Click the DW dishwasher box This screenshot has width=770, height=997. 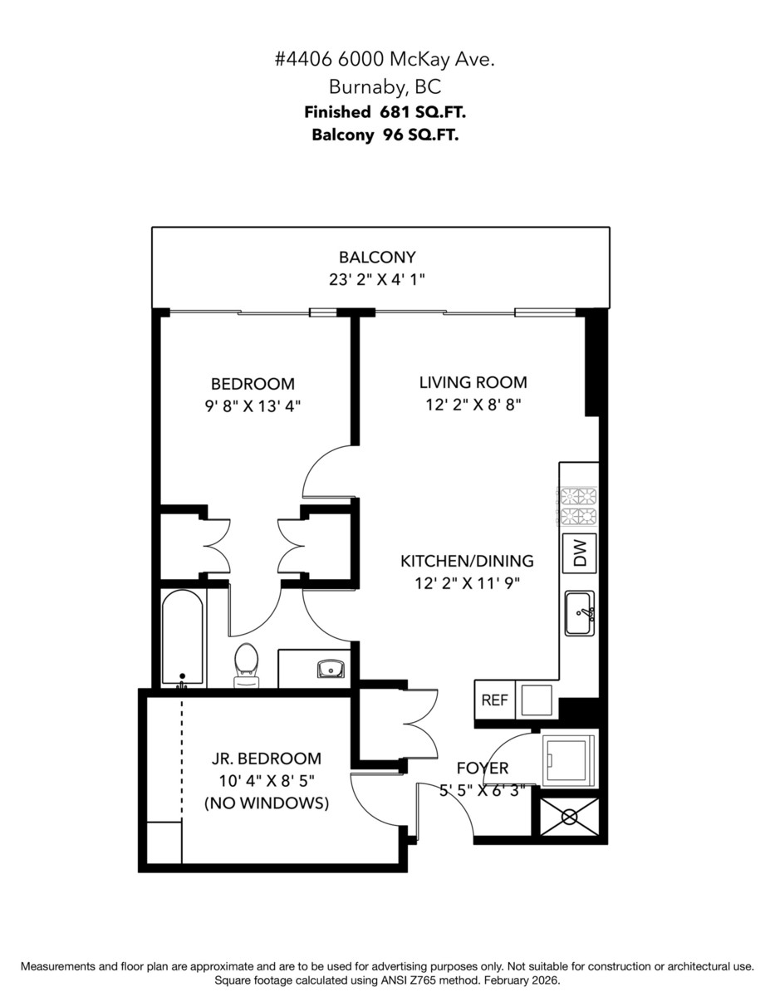pos(580,554)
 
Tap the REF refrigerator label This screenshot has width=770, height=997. pos(494,700)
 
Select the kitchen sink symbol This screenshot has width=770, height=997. pos(580,613)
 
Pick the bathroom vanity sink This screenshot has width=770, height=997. pos(332,668)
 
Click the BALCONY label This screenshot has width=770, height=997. pos(376,258)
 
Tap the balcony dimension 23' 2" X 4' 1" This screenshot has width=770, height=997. pos(376,280)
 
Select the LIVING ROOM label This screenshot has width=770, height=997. pos(473,382)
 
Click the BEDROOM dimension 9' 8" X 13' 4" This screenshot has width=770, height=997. pos(253,406)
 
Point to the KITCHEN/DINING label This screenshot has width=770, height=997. pos(467,561)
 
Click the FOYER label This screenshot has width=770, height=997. pos(482,769)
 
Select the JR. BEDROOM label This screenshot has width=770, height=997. pos(266,759)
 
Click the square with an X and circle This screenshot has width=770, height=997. pos(569,816)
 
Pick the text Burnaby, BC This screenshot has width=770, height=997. pos(385,86)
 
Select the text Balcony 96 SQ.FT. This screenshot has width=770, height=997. pos(385,135)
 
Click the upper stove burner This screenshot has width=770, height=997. pos(578,498)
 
